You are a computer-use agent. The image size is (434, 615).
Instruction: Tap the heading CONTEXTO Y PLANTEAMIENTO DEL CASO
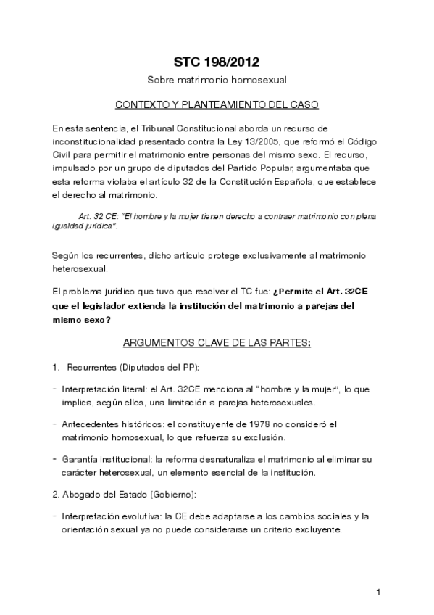coord(217,104)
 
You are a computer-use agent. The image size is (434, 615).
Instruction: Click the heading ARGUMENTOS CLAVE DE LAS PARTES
coord(217,341)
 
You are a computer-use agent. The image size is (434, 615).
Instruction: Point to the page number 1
coord(378,593)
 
